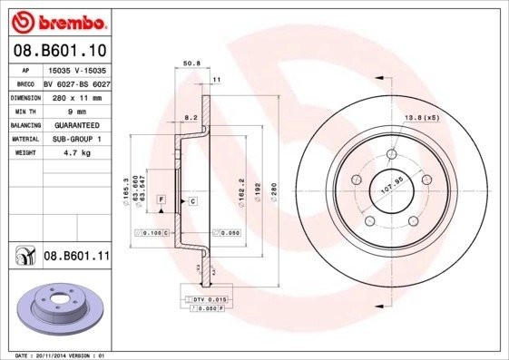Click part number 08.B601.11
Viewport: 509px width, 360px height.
pos(76,257)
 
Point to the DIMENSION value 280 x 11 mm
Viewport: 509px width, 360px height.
pos(77,95)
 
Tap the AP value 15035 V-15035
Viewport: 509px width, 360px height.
pos(77,68)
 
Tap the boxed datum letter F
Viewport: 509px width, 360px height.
pos(162,199)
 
